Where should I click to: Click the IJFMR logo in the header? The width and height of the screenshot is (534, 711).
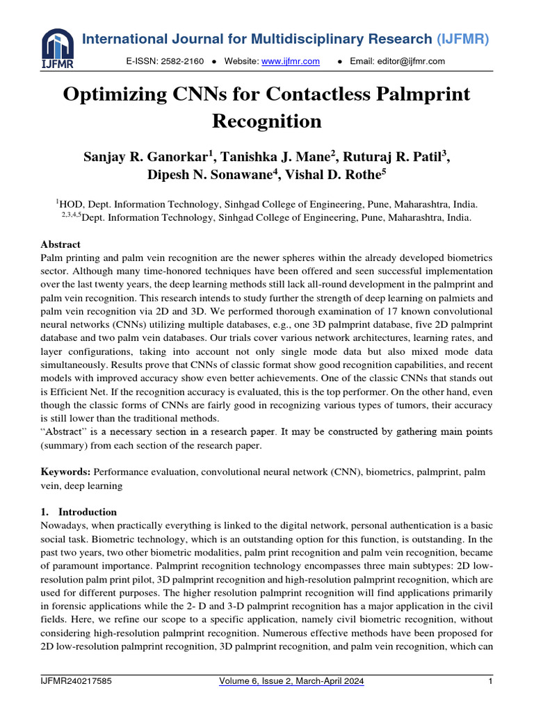pos(57,47)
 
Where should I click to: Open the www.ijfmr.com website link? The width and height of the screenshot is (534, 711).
pos(290,62)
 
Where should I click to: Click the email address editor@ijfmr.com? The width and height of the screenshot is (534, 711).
pos(397,62)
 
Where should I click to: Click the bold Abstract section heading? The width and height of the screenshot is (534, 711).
pos(60,244)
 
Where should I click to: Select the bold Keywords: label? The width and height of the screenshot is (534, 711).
pos(67,471)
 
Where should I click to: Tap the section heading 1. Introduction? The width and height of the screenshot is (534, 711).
pos(80,512)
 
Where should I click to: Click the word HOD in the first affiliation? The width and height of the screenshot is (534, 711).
pos(70,205)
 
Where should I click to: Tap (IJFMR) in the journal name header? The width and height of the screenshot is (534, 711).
pos(463,40)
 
